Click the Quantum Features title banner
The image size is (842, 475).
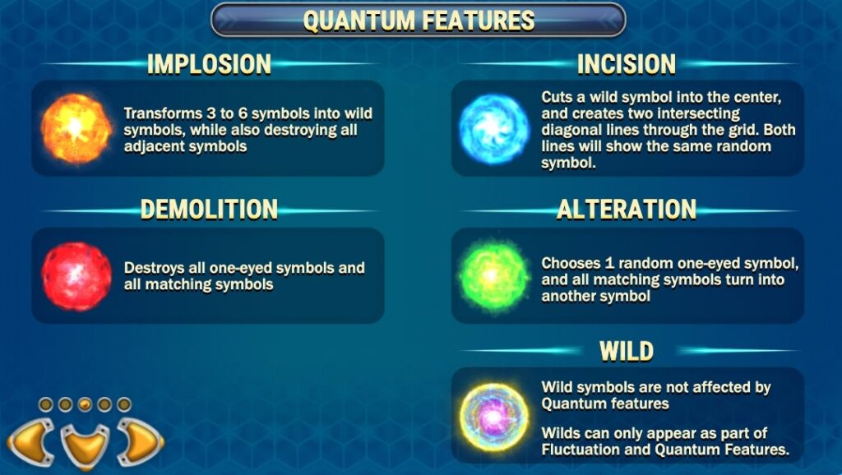pyautogui.click(x=419, y=21)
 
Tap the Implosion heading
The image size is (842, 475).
pyautogui.click(x=209, y=64)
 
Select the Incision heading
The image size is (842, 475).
pyautogui.click(x=626, y=64)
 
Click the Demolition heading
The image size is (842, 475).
pyautogui.click(x=209, y=209)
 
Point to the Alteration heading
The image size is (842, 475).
pyautogui.click(x=626, y=209)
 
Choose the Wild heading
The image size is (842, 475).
pyautogui.click(x=626, y=351)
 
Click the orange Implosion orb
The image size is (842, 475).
pyautogui.click(x=76, y=128)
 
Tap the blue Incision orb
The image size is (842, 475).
pyautogui.click(x=493, y=129)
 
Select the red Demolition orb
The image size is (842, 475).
pyautogui.click(x=76, y=276)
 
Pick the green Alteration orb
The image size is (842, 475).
pyautogui.click(x=493, y=276)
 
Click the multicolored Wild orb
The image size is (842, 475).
pyautogui.click(x=494, y=417)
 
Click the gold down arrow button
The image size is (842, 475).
pyautogui.click(x=85, y=445)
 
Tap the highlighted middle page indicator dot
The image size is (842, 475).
pyautogui.click(x=85, y=404)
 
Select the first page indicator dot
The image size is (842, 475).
pyautogui.click(x=46, y=404)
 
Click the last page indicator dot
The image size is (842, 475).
pyautogui.click(x=124, y=404)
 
